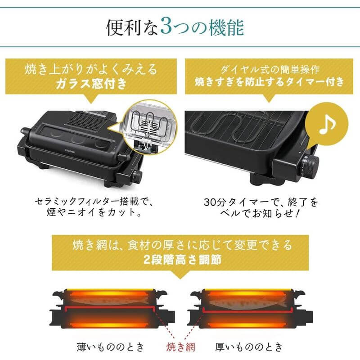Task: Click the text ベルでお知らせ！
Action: pos(265,211)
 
